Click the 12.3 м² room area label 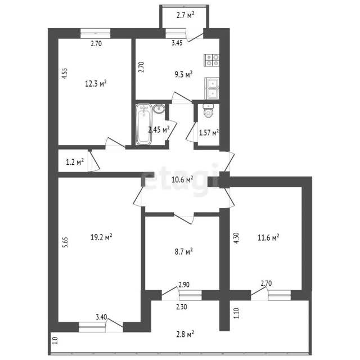click(x=96, y=83)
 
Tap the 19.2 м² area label click(x=101, y=237)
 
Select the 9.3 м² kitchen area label click(x=183, y=74)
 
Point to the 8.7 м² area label click(x=184, y=251)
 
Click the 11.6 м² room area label click(x=268, y=237)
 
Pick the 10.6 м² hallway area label click(x=182, y=179)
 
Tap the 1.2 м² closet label click(x=75, y=162)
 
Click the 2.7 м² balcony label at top click(x=185, y=15)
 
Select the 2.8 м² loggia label click(x=185, y=334)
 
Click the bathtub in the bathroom click(x=144, y=124)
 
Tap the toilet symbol click(x=208, y=110)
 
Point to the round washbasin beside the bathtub click(x=159, y=109)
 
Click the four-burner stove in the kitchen click(x=211, y=60)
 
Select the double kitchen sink click(x=212, y=88)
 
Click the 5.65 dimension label click(x=66, y=242)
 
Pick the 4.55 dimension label click(x=65, y=74)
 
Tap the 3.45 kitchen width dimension click(x=177, y=43)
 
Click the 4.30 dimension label click(x=237, y=238)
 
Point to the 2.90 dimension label click(x=184, y=285)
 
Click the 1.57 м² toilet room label click(x=209, y=133)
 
